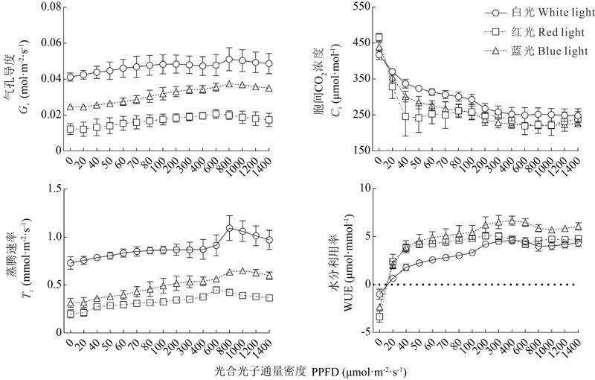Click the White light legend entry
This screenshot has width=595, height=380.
534,13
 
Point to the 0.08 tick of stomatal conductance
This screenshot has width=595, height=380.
48,7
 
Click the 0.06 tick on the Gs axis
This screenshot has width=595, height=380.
48,42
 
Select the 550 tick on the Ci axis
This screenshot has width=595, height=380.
353,7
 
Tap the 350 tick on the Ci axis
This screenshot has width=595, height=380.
353,78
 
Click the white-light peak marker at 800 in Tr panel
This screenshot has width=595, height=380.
230,228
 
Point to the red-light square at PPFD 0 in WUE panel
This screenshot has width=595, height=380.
379,317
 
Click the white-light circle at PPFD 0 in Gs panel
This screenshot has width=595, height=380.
71,77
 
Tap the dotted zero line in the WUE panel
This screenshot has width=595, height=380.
476,285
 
